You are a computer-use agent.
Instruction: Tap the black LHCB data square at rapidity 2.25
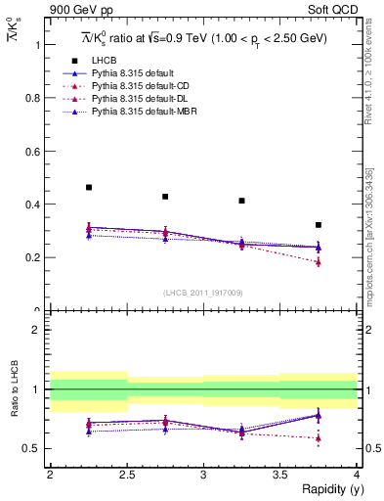(x=89, y=187)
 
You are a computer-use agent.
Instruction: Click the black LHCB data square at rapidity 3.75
(x=319, y=225)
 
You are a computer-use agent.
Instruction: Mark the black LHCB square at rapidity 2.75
(x=165, y=197)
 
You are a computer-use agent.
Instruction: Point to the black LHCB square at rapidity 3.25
(x=242, y=201)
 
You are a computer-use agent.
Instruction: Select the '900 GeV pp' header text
(x=75, y=11)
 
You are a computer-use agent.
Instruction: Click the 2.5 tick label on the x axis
(x=126, y=475)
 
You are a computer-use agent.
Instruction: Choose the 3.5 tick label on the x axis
(x=279, y=475)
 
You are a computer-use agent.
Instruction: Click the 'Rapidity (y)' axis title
(x=327, y=489)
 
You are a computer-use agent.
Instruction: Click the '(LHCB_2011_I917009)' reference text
(x=203, y=293)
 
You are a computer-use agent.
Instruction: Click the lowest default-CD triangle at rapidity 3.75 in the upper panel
(x=319, y=262)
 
